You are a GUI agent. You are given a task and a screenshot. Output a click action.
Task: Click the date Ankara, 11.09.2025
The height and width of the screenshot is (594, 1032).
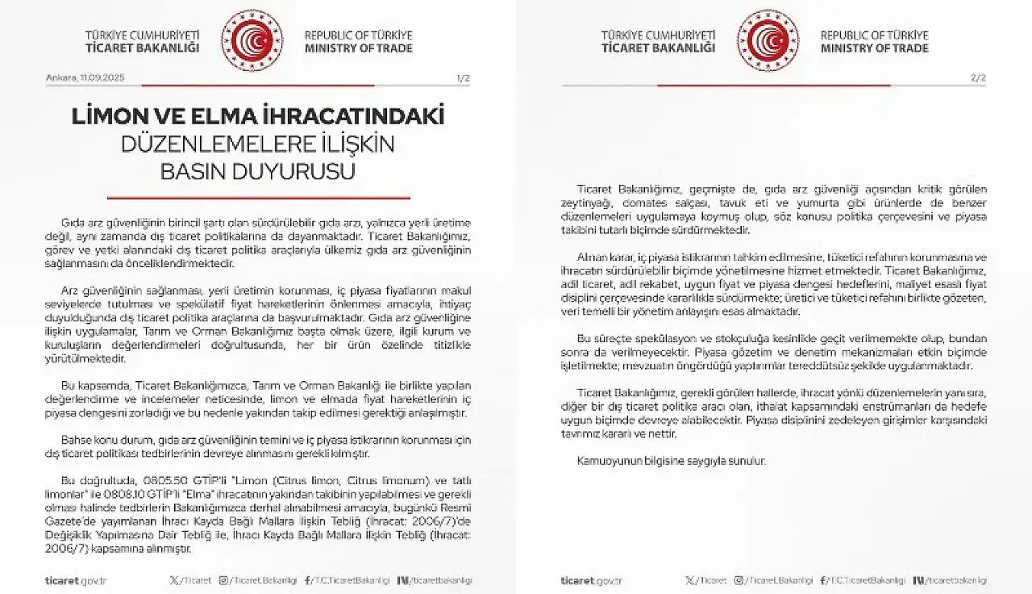coord(85,78)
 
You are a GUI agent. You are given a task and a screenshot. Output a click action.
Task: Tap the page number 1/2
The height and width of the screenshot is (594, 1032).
coord(463,78)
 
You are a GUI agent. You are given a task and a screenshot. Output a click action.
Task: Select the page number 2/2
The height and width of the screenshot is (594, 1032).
coord(979,78)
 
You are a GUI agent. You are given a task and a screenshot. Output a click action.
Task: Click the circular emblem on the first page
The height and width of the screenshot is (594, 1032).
coord(252,41)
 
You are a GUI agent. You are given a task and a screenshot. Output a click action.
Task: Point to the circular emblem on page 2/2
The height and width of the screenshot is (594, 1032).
coord(768,41)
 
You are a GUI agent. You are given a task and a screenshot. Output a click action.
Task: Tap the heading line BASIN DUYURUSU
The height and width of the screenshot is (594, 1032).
coord(258,172)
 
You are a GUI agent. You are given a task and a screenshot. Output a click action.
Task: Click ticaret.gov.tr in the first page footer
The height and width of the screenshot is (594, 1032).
coord(76,580)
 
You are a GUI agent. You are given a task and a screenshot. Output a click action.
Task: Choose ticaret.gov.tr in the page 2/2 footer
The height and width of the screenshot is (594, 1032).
coord(592,580)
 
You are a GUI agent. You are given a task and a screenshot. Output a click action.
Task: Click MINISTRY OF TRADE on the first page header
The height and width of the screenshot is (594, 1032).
coord(358,48)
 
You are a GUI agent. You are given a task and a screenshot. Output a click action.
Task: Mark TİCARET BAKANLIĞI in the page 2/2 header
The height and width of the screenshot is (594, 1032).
coord(658,48)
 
